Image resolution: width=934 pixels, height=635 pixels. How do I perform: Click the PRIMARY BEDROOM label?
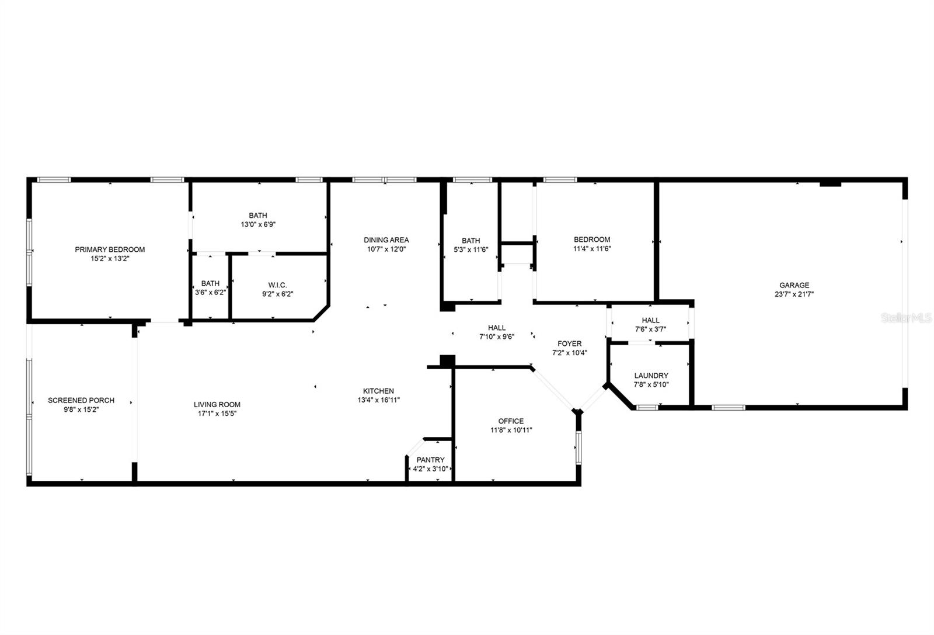pyautogui.click(x=110, y=249)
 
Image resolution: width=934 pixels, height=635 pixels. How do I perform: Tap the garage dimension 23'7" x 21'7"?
pyautogui.click(x=794, y=294)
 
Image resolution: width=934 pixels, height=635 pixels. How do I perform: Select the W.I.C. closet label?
pyautogui.click(x=277, y=285)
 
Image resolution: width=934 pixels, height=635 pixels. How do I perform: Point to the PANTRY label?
pyautogui.click(x=430, y=460)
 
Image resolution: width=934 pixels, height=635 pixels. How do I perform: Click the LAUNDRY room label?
pyautogui.click(x=651, y=376)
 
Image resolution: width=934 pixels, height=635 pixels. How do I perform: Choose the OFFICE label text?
pyautogui.click(x=511, y=421)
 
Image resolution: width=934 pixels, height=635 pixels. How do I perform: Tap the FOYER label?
pyautogui.click(x=569, y=343)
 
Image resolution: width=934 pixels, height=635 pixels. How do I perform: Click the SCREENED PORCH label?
pyautogui.click(x=81, y=400)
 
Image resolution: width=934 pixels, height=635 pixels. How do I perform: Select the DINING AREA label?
pyautogui.click(x=386, y=240)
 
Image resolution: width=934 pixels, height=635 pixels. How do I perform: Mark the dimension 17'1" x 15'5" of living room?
pyautogui.click(x=217, y=414)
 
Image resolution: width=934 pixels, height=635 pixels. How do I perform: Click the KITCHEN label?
pyautogui.click(x=378, y=391)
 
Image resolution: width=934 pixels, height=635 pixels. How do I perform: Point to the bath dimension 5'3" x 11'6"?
pyautogui.click(x=471, y=249)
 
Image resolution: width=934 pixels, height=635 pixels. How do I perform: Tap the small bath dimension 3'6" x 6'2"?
pyautogui.click(x=210, y=293)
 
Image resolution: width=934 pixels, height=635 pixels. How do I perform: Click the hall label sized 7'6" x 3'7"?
pyautogui.click(x=650, y=320)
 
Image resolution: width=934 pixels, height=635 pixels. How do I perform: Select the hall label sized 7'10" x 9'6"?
pyautogui.click(x=497, y=328)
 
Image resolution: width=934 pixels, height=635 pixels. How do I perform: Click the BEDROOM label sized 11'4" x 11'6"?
pyautogui.click(x=592, y=240)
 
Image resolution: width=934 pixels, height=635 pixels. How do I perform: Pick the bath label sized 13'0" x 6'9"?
pyautogui.click(x=257, y=216)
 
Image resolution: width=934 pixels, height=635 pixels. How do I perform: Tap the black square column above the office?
pyautogui.click(x=447, y=361)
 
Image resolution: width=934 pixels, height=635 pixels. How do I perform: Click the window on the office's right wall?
pyautogui.click(x=578, y=447)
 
